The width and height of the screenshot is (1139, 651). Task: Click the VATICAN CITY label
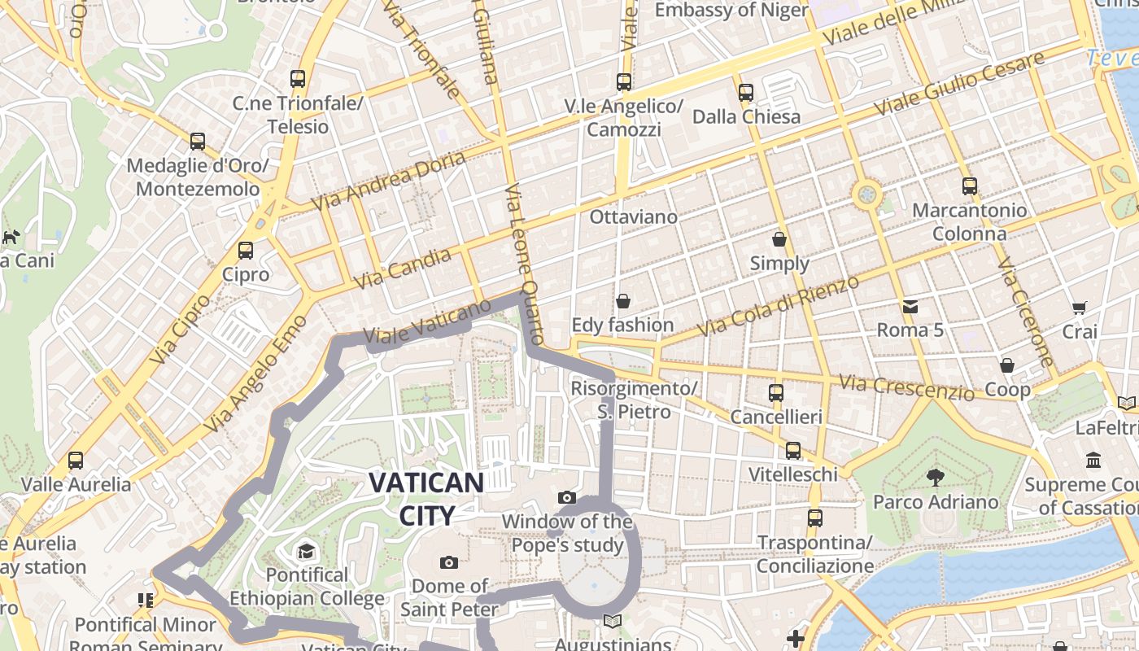click(426, 498)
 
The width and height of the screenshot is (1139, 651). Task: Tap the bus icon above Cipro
click(246, 251)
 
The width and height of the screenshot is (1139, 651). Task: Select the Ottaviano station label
click(633, 217)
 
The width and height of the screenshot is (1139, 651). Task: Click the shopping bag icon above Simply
click(779, 239)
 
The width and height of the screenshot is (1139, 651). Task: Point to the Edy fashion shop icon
click(623, 302)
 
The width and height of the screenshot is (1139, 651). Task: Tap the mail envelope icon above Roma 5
click(910, 307)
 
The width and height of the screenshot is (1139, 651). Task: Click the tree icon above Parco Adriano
click(936, 478)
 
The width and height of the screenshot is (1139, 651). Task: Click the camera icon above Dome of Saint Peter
click(448, 562)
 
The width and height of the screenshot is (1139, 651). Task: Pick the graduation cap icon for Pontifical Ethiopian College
click(307, 552)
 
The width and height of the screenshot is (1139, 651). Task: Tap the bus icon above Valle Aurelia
click(76, 461)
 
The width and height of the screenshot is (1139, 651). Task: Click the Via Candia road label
click(403, 269)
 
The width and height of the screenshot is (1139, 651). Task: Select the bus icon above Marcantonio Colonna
click(969, 186)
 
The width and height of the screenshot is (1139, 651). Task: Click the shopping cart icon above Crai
click(1080, 308)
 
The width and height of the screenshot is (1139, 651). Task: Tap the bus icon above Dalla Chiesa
click(746, 93)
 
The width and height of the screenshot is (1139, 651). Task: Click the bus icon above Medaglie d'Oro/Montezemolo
click(198, 142)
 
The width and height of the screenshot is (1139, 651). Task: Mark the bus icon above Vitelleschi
click(792, 451)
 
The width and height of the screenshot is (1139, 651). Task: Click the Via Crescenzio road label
click(906, 387)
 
